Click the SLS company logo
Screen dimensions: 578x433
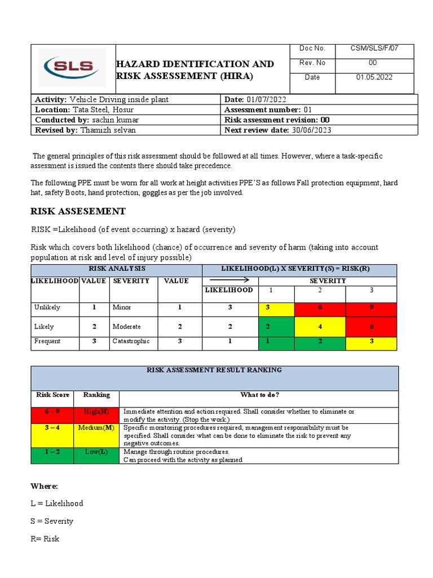72,68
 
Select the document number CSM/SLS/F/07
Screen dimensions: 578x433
374,49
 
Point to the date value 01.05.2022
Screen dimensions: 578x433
374,77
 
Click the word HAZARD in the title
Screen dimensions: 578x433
136,64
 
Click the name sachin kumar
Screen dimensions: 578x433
114,120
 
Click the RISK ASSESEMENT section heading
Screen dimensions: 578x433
77,211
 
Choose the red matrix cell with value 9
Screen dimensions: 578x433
371,308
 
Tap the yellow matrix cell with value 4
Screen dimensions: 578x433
320,326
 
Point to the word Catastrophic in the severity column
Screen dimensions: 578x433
131,341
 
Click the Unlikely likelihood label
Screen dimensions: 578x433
47,308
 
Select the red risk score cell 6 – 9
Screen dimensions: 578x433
52,411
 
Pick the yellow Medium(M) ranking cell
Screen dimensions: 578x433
96,428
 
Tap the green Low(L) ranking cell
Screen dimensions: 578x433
96,452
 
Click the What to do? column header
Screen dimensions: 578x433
259,395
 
